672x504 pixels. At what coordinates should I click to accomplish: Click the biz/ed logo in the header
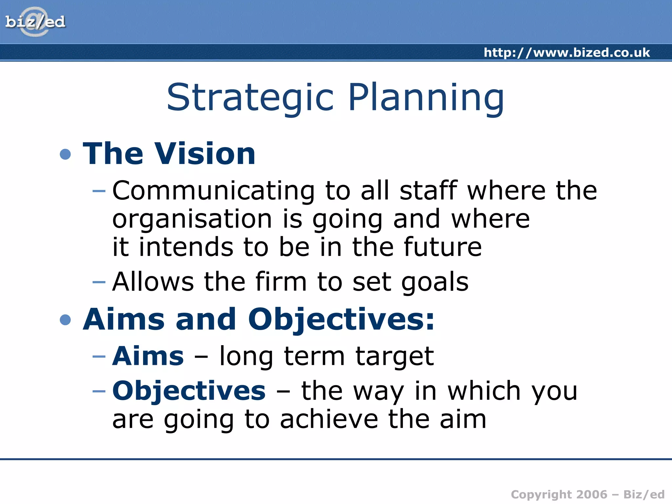pos(35,22)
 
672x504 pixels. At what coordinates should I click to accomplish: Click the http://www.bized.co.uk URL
pos(567,52)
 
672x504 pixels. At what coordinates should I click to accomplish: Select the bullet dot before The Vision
pos(66,154)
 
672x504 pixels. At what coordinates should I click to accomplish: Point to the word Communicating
pos(214,191)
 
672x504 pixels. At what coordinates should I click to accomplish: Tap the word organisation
pos(192,219)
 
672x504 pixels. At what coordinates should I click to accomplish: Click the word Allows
pos(153,282)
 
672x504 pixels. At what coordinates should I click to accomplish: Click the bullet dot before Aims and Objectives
pos(66,320)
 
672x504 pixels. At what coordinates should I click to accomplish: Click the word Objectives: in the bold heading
pos(341,320)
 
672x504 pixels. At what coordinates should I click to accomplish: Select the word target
pos(395,357)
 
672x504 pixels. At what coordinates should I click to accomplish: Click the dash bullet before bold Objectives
pos(99,391)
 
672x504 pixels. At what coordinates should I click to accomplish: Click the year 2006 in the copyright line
pos(592,494)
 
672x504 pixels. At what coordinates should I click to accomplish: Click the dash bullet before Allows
pos(99,282)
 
